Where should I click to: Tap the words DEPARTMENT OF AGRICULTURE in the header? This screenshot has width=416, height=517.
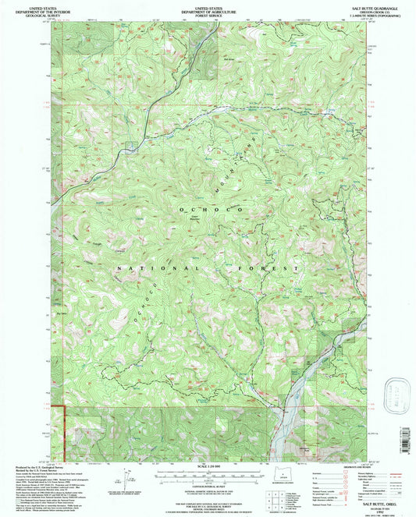click(x=208, y=8)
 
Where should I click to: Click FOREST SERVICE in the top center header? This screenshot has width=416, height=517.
click(x=208, y=12)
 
